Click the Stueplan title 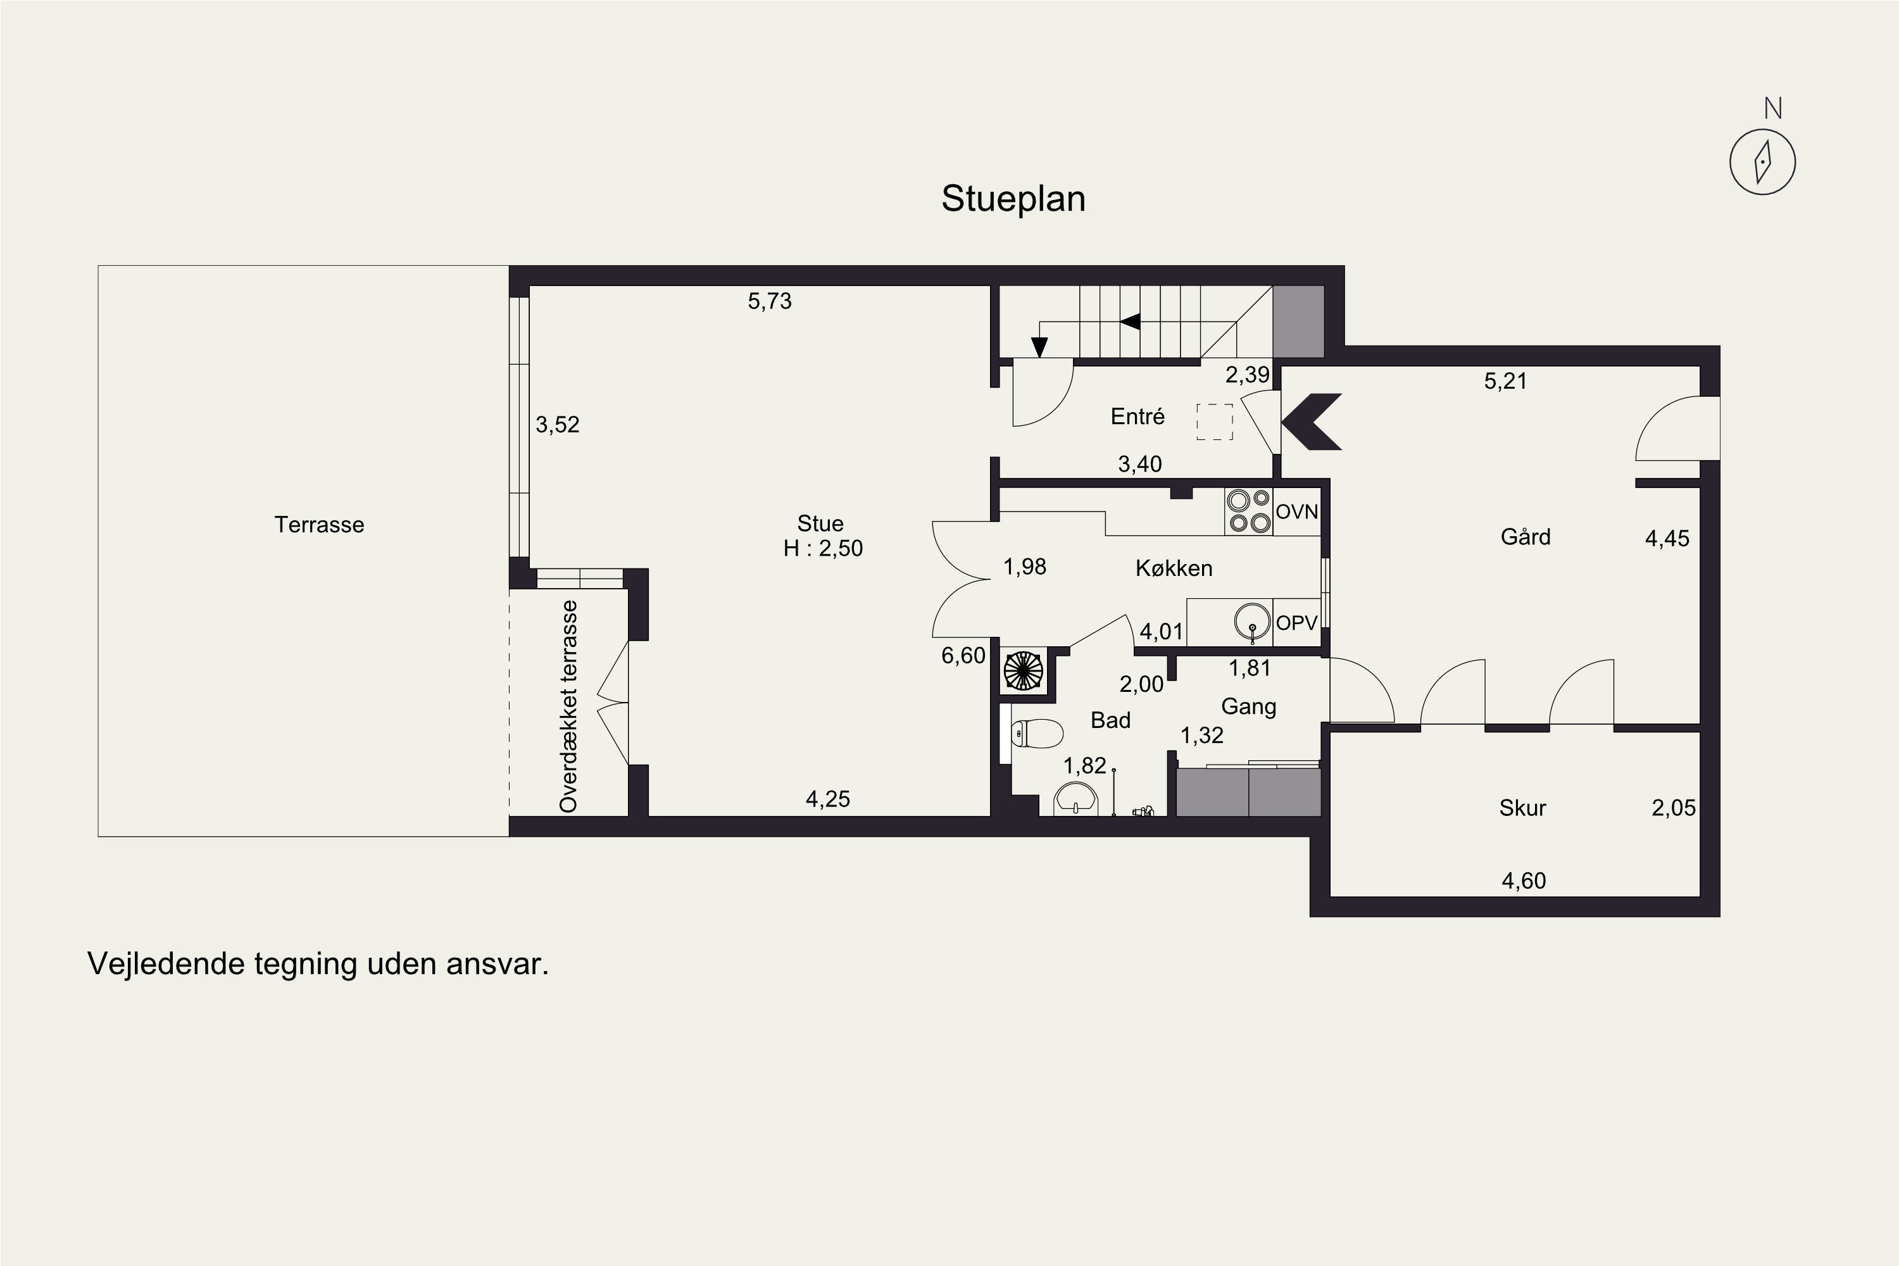(x=1013, y=199)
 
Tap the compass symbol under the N (x=1762, y=161)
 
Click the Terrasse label (x=319, y=525)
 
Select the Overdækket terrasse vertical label (x=569, y=706)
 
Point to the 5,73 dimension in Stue (x=770, y=301)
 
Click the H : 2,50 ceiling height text (x=823, y=548)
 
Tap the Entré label (x=1138, y=417)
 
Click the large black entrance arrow (x=1311, y=422)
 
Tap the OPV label (x=1296, y=622)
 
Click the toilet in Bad (x=1037, y=734)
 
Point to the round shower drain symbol (x=1023, y=670)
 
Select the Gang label (x=1248, y=706)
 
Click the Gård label (x=1525, y=537)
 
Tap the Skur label (x=1522, y=808)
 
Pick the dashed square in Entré (x=1214, y=422)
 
